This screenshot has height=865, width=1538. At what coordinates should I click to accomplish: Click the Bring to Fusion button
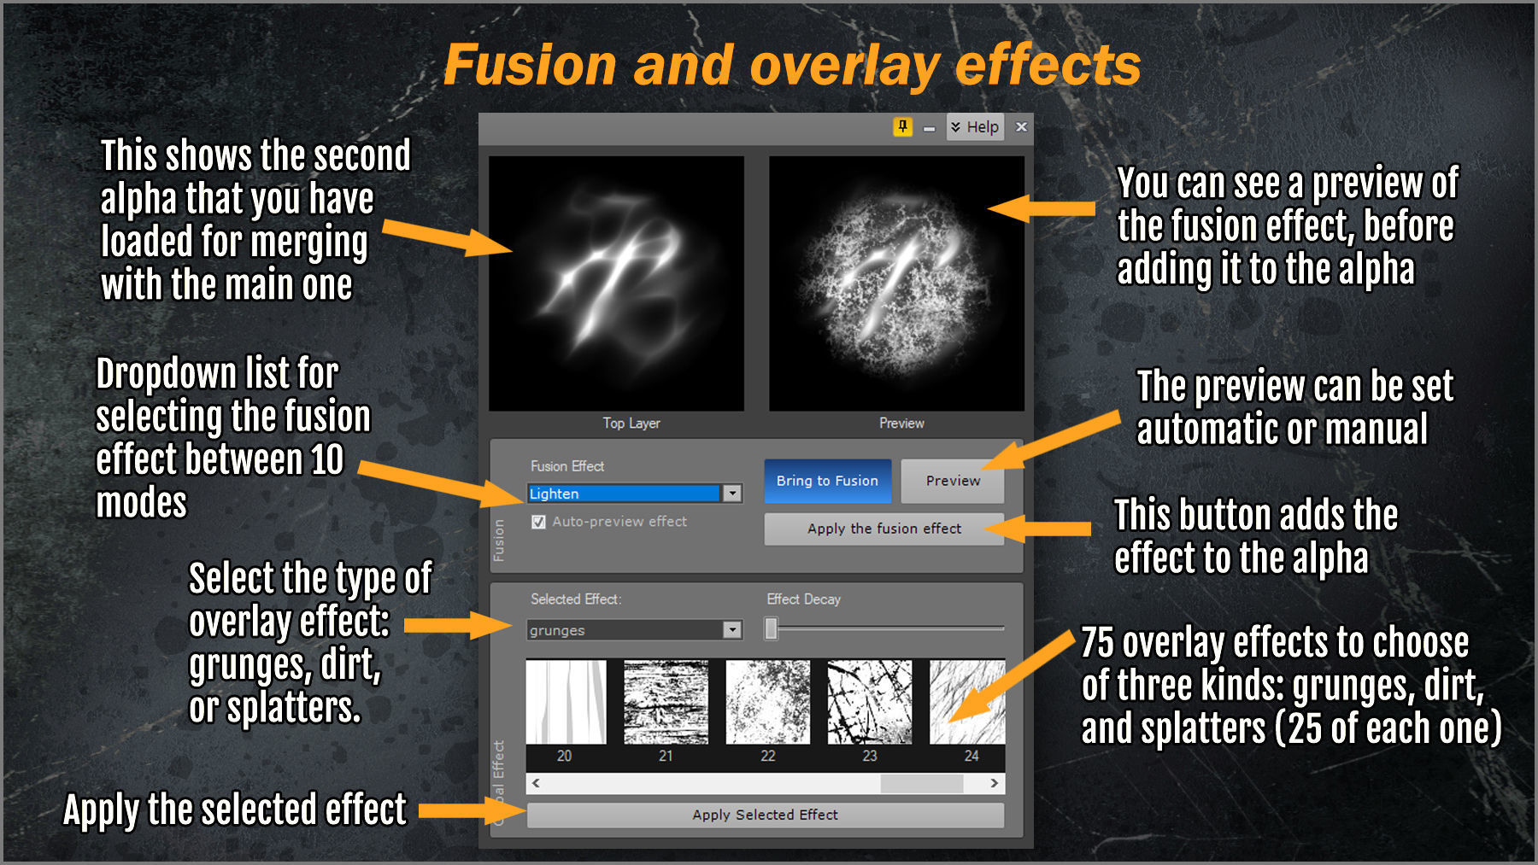click(x=827, y=481)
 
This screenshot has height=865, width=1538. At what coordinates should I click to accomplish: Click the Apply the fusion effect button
click(x=884, y=529)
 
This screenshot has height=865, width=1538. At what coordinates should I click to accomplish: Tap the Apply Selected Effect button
click(x=765, y=815)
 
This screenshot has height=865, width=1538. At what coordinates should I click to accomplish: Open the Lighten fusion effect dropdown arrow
click(x=732, y=494)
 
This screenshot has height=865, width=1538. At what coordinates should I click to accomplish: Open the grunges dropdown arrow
click(x=732, y=630)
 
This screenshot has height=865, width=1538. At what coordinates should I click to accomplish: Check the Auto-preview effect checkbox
click(x=538, y=522)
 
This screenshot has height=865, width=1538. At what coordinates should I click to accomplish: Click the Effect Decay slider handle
click(x=772, y=629)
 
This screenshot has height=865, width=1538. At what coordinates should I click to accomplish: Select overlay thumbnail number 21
click(x=666, y=702)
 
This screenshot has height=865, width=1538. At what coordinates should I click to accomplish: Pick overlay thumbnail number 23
click(x=870, y=702)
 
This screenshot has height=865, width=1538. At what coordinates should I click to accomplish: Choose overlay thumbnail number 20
click(x=566, y=702)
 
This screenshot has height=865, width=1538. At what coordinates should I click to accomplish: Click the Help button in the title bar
click(x=975, y=127)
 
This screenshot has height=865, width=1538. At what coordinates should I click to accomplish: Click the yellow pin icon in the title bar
click(x=903, y=127)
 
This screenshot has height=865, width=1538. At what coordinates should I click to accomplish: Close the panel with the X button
click(x=1021, y=126)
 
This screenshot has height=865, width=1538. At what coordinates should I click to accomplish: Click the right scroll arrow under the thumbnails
click(x=995, y=783)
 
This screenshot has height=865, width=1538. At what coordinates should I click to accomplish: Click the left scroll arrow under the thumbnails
click(x=536, y=783)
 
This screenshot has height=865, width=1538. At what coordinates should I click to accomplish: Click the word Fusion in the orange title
click(x=531, y=65)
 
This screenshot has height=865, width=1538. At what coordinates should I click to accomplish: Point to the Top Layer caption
click(x=631, y=423)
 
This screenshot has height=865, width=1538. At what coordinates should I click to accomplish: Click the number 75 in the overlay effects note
click(x=1097, y=642)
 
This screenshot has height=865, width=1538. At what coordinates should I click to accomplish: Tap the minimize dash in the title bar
click(x=929, y=129)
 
